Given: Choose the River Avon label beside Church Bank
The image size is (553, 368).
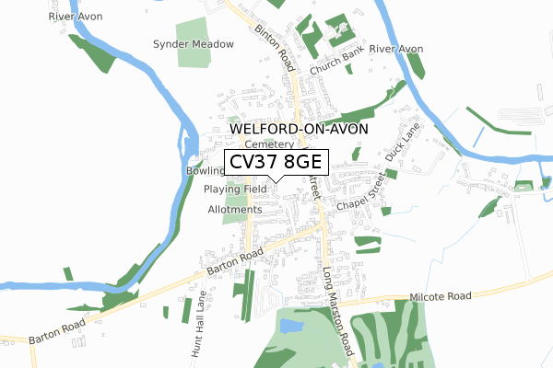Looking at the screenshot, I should click(395, 48).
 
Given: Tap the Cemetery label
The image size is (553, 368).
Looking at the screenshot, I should click(269, 144).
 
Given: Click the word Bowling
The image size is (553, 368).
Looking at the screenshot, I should click(205, 171).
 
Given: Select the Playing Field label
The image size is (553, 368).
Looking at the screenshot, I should click(235, 189).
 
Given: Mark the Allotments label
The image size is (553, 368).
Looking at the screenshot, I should click(235, 209).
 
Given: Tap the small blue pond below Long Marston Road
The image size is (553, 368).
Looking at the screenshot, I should click(290, 327).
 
